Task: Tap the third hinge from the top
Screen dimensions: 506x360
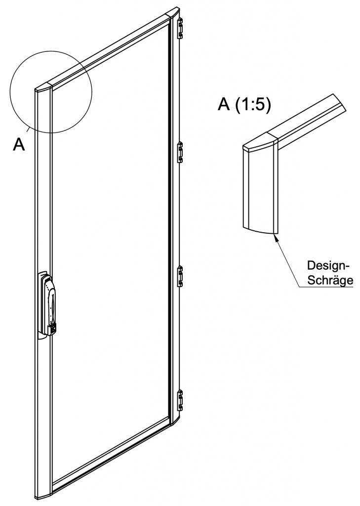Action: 181,275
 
